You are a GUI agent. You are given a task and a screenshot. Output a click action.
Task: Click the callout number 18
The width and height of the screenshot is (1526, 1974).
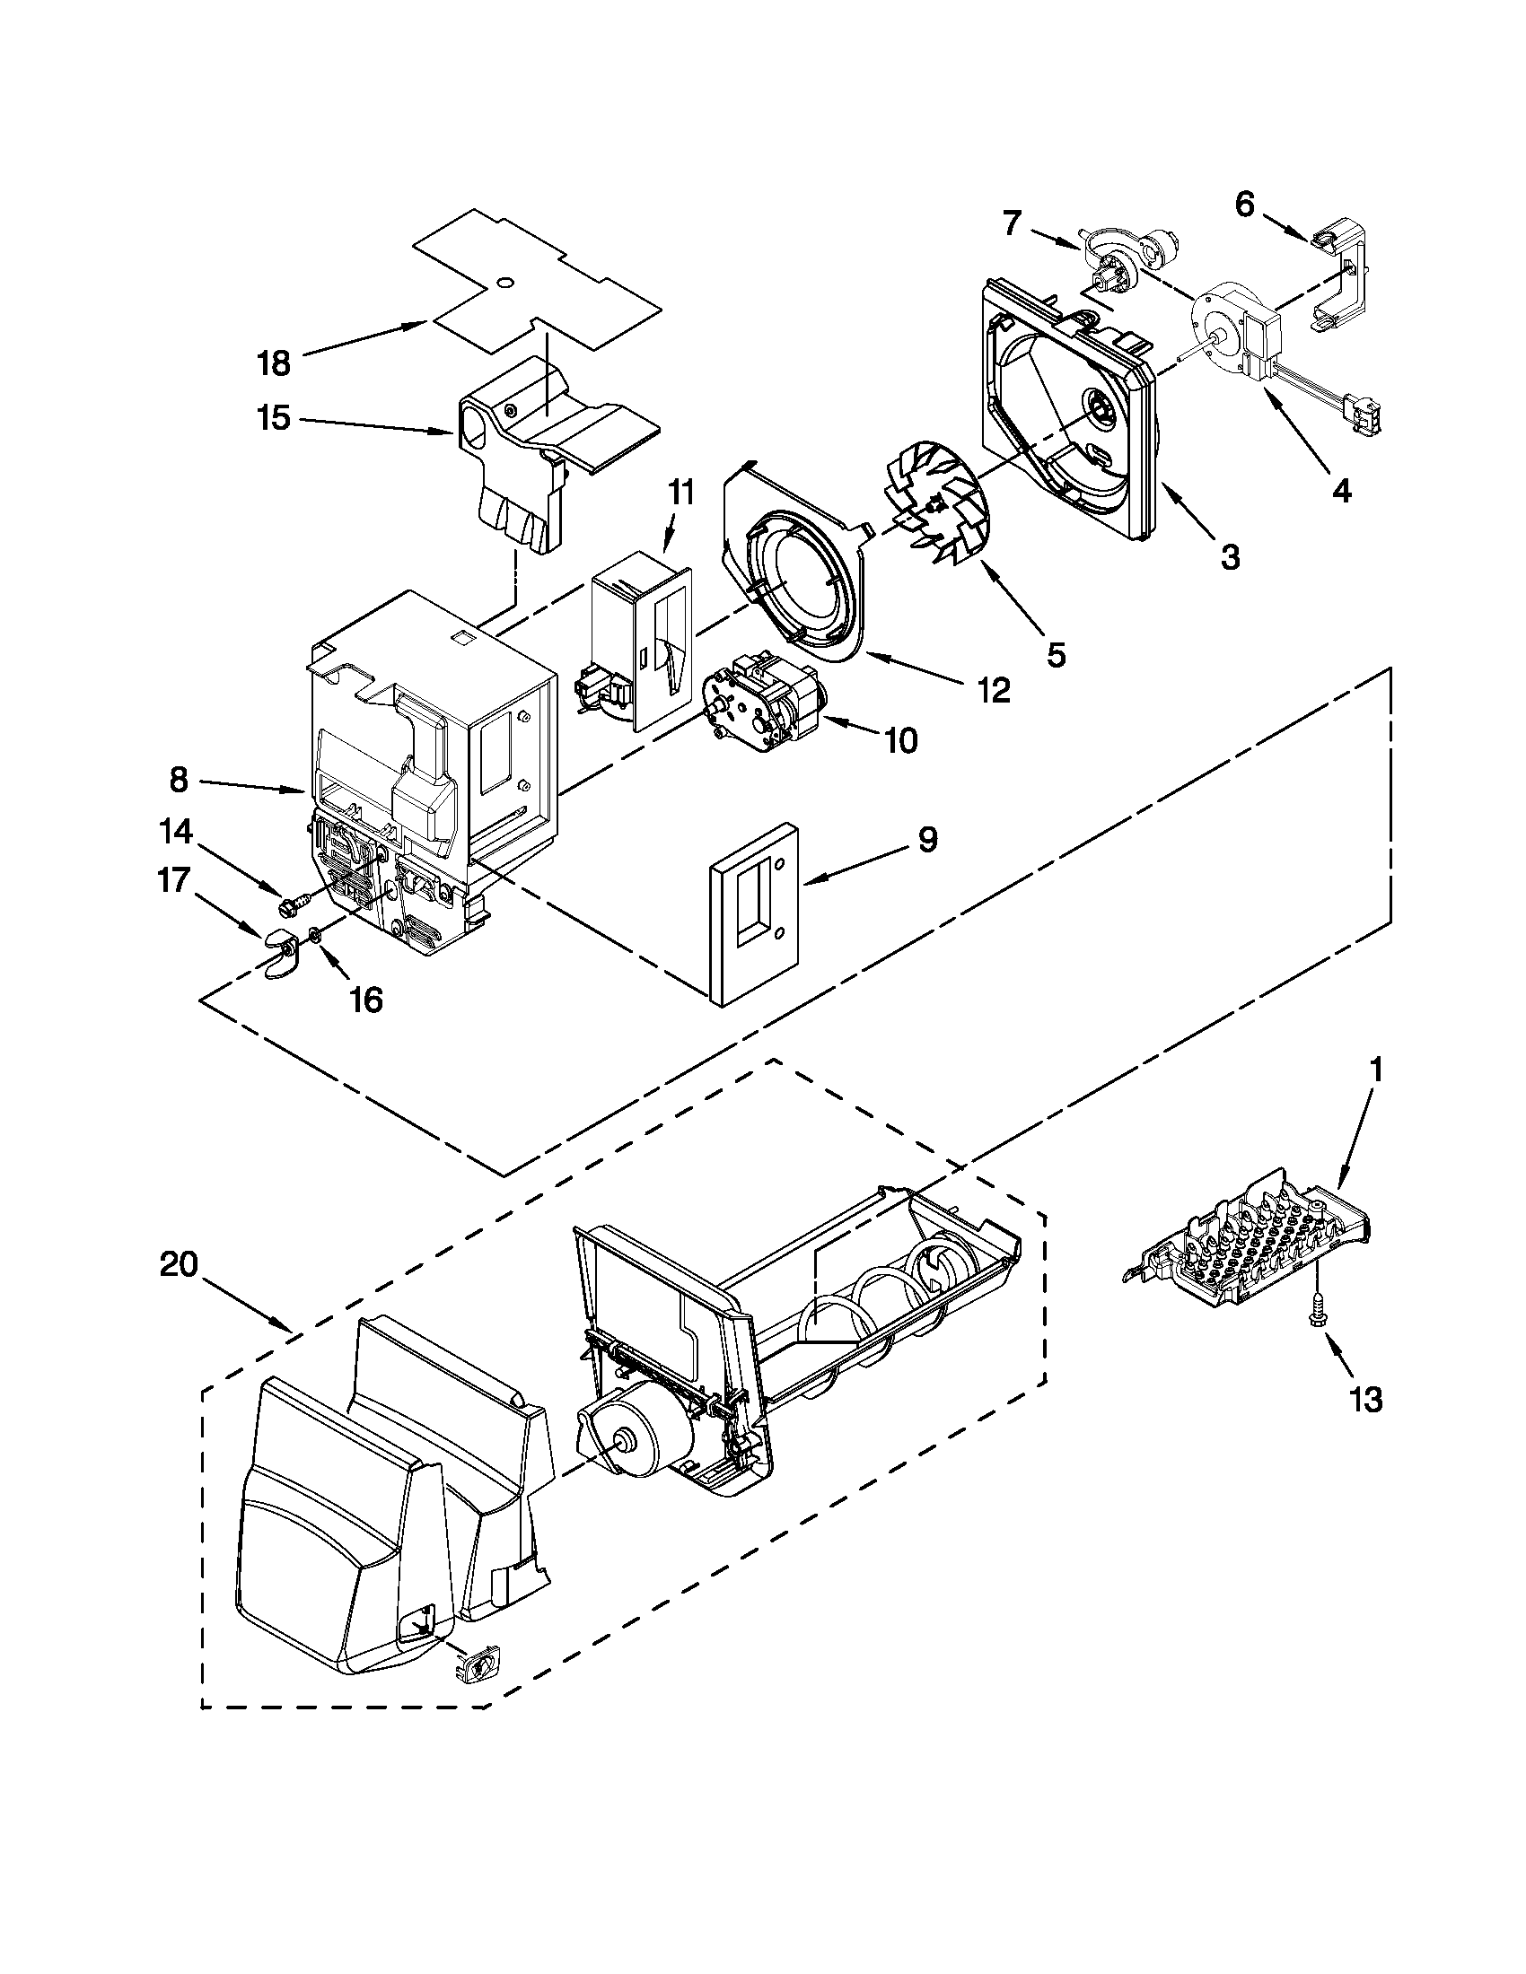pyautogui.click(x=274, y=363)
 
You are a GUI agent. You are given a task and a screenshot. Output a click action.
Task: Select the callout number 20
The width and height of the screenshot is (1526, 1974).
pyautogui.click(x=179, y=1264)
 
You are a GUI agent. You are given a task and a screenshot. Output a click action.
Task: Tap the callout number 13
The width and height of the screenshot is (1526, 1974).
pyautogui.click(x=1365, y=1399)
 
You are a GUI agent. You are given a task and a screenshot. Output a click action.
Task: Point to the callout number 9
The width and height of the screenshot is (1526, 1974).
pyautogui.click(x=927, y=841)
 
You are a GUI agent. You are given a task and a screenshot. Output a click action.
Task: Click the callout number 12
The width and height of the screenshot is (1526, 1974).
pyautogui.click(x=993, y=691)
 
